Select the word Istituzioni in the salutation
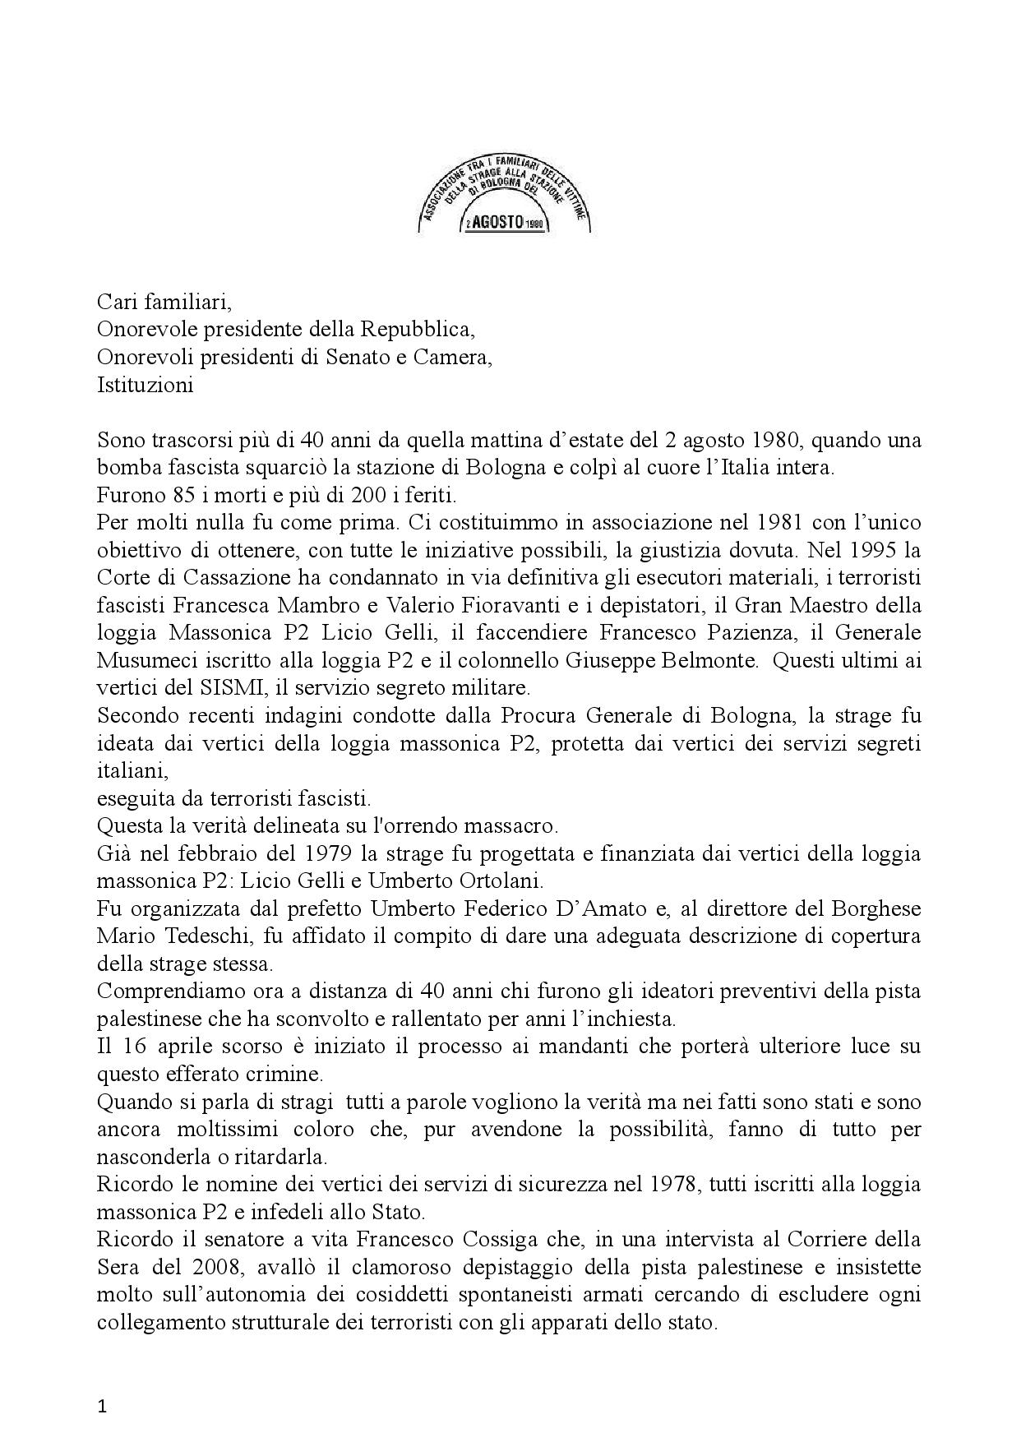pyautogui.click(x=145, y=385)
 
